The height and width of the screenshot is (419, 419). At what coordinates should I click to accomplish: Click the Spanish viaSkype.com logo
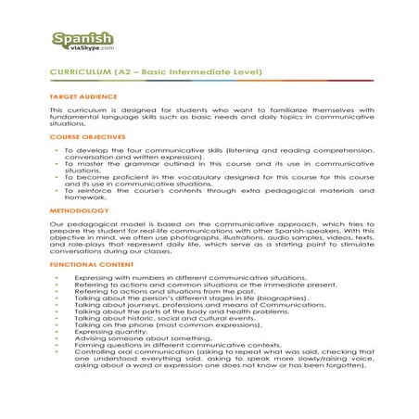tap(83, 42)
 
